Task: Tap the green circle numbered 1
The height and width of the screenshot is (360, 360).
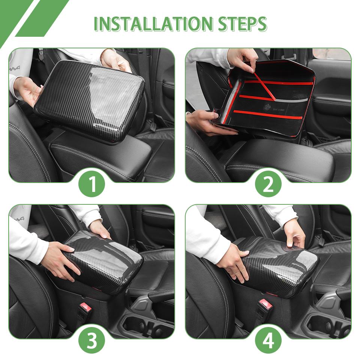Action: click(x=91, y=183)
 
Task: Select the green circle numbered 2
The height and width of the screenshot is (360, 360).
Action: click(x=268, y=183)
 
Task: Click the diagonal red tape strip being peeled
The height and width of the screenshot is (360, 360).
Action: click(x=265, y=86)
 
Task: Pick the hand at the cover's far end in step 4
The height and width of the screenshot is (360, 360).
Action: click(x=294, y=232)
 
